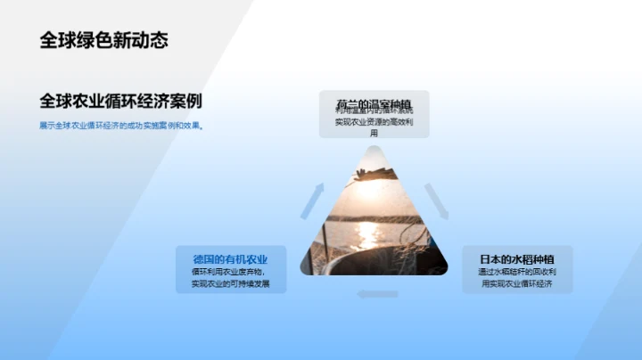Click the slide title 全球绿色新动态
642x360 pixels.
103,40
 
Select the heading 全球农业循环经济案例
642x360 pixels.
120,101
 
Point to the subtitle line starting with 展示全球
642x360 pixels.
120,126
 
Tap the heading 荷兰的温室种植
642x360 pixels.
374,102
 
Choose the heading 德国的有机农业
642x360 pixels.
230,258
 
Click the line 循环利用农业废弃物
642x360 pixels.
229,272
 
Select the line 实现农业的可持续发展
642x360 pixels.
230,284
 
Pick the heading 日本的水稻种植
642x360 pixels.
516,258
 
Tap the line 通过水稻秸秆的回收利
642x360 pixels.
516,272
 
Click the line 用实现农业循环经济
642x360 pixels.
516,284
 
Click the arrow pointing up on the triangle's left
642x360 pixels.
311,202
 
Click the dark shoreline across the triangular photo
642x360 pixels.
373,217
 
